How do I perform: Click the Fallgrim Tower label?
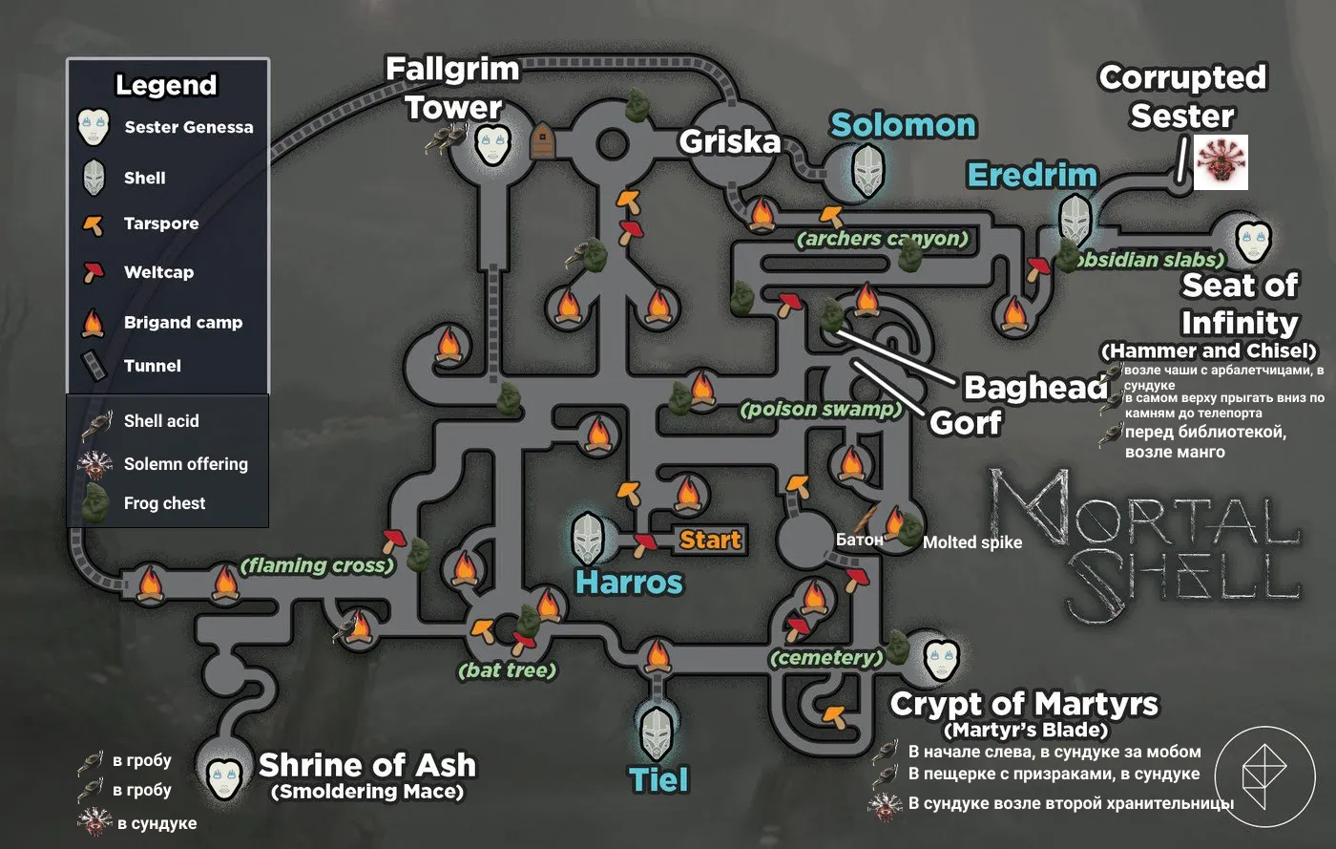(452, 88)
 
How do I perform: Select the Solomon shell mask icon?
(867, 169)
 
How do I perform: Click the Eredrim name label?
(1032, 175)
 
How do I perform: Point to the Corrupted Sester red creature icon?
(1221, 162)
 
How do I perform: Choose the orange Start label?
(710, 541)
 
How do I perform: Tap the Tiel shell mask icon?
(658, 732)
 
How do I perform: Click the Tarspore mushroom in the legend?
(93, 225)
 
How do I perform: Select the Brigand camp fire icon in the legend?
(93, 323)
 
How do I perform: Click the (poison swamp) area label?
(821, 410)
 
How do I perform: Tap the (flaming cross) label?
(317, 565)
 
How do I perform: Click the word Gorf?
(966, 421)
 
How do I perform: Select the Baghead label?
(1035, 387)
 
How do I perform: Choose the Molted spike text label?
(972, 542)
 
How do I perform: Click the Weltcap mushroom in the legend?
(93, 272)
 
